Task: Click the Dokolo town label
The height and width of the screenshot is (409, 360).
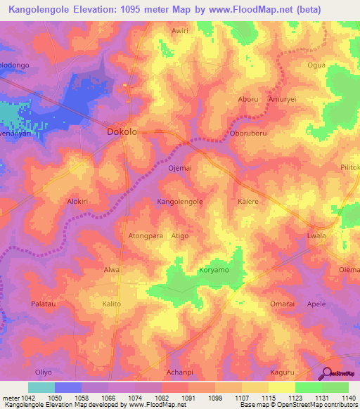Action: [x=121, y=131]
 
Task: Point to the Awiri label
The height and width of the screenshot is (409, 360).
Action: [x=181, y=31]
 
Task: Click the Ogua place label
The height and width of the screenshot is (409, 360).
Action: [x=318, y=65]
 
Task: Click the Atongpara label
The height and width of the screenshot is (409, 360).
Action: [x=146, y=236]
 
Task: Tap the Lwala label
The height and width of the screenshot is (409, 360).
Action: [x=317, y=236]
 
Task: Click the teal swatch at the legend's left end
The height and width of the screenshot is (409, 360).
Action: [x=41, y=387]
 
